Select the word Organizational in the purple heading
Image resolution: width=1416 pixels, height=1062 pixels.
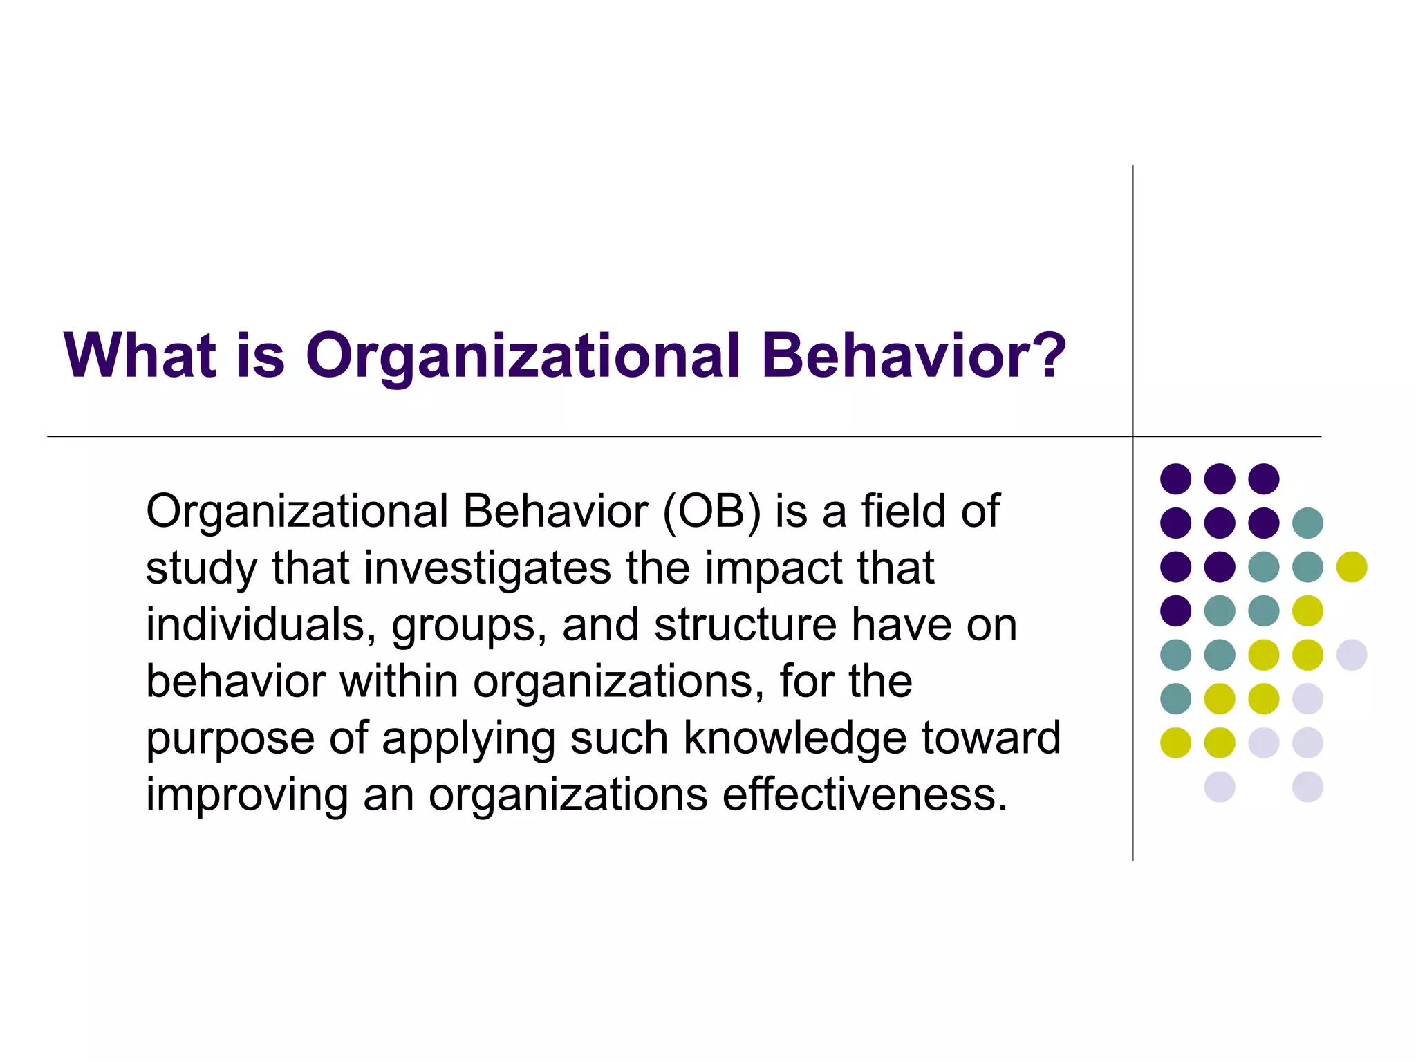click(x=523, y=356)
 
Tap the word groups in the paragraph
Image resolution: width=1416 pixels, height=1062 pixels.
click(x=469, y=626)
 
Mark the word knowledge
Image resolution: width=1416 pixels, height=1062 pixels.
click(x=794, y=738)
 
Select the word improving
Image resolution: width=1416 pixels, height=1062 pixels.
click(x=246, y=795)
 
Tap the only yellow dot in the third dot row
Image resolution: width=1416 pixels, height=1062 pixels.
click(x=1351, y=567)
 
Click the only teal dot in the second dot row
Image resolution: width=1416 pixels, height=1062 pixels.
click(x=1307, y=523)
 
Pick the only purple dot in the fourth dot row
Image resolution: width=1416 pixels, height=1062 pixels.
click(x=1175, y=611)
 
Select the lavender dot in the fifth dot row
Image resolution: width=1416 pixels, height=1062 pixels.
click(x=1351, y=655)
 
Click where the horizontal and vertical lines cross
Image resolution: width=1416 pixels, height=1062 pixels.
click(x=1133, y=436)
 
